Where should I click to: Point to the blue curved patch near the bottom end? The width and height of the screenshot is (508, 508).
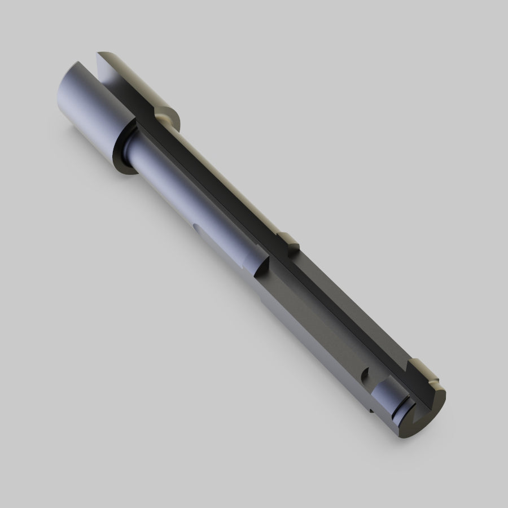coord(389,395)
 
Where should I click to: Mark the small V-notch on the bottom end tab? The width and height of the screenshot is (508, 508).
coord(435,383)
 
